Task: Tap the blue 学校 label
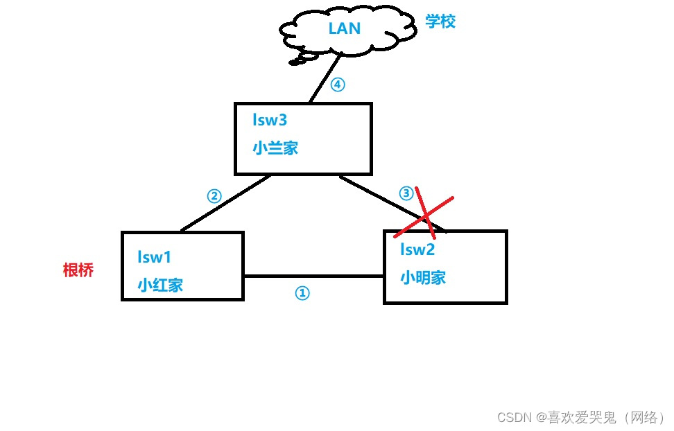point(440,21)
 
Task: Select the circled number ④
point(337,85)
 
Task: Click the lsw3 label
point(270,120)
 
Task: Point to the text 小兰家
point(275,148)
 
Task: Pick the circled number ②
point(214,195)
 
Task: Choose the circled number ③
point(406,193)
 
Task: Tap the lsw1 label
point(154,257)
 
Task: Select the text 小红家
point(160,284)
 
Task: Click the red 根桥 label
point(78,270)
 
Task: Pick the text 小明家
point(423,277)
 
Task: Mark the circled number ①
point(302,293)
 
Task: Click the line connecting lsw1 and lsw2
point(313,276)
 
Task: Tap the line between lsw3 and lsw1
point(225,202)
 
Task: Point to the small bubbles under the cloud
point(298,61)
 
